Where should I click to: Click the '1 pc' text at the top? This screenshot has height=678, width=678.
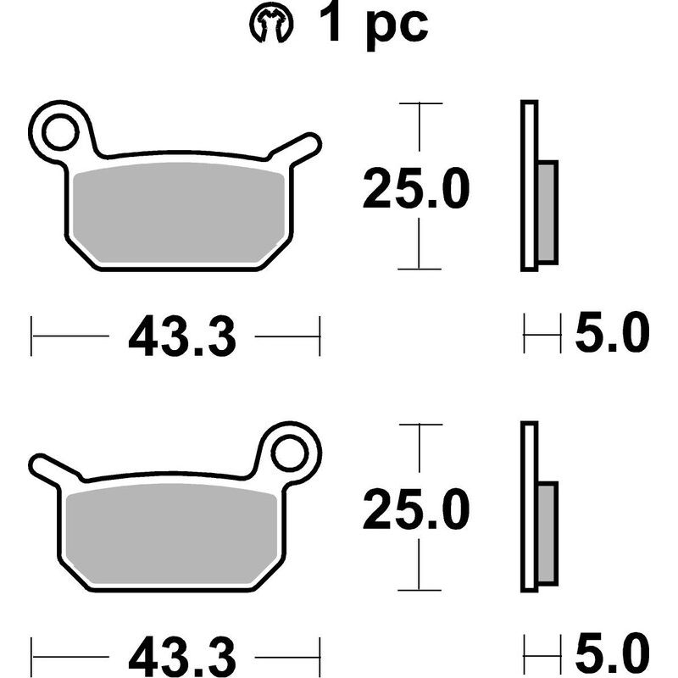click(x=374, y=25)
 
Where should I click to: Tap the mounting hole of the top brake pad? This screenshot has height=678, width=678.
click(x=62, y=132)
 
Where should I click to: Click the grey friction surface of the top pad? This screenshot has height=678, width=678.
click(x=178, y=212)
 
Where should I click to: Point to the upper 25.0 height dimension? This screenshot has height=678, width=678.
click(x=415, y=189)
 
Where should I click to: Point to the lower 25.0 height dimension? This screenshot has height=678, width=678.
click(x=415, y=511)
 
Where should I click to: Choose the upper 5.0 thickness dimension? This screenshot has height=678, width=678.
click(x=611, y=335)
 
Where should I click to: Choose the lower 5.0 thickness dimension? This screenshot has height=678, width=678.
click(x=611, y=654)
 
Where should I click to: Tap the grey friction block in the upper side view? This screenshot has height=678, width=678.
click(x=548, y=212)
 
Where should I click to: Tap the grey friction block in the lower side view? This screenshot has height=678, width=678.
click(x=548, y=532)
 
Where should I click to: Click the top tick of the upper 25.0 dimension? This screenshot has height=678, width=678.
click(x=420, y=103)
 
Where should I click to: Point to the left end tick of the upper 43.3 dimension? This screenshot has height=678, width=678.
click(x=32, y=336)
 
